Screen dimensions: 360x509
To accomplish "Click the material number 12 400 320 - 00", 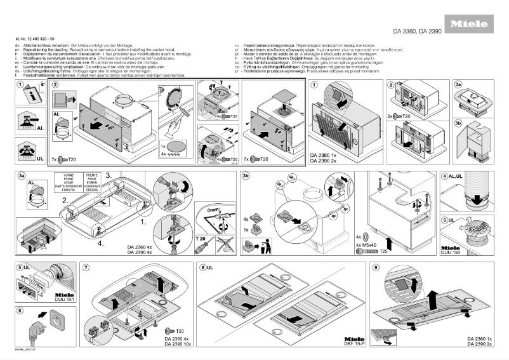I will pos(44,39).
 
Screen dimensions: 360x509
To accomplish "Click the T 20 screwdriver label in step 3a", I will pos(201,237).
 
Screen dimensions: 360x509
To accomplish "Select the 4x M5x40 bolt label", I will pos(368,244).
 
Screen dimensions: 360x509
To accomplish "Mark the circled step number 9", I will pos(376,267).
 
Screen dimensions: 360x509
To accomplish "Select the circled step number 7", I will pos(86,267).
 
